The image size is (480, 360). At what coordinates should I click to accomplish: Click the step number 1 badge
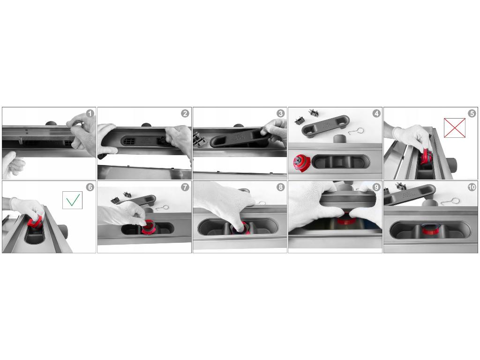(90, 113)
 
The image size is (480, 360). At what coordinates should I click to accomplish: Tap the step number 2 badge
(185, 113)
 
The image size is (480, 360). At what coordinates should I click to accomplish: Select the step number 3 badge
(280, 113)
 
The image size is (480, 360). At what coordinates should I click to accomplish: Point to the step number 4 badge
(376, 113)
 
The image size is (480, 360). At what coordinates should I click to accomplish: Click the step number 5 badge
(472, 113)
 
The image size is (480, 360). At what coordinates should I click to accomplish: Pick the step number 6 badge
(90, 187)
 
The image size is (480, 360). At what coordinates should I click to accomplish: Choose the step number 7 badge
(185, 187)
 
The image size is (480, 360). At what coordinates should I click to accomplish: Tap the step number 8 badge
(280, 187)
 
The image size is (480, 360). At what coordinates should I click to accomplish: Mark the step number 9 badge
(376, 187)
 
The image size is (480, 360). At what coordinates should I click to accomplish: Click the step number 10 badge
(472, 187)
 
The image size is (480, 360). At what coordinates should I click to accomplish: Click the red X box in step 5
(455, 127)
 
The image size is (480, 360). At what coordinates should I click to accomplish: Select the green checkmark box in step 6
(72, 200)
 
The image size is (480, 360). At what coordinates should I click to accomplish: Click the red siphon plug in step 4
(301, 163)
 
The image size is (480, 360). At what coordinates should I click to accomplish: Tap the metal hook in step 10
(450, 202)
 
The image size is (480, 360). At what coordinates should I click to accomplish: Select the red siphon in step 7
(149, 228)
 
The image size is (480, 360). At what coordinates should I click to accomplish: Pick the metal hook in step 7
(162, 208)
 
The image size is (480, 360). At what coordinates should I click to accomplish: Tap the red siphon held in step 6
(35, 222)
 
